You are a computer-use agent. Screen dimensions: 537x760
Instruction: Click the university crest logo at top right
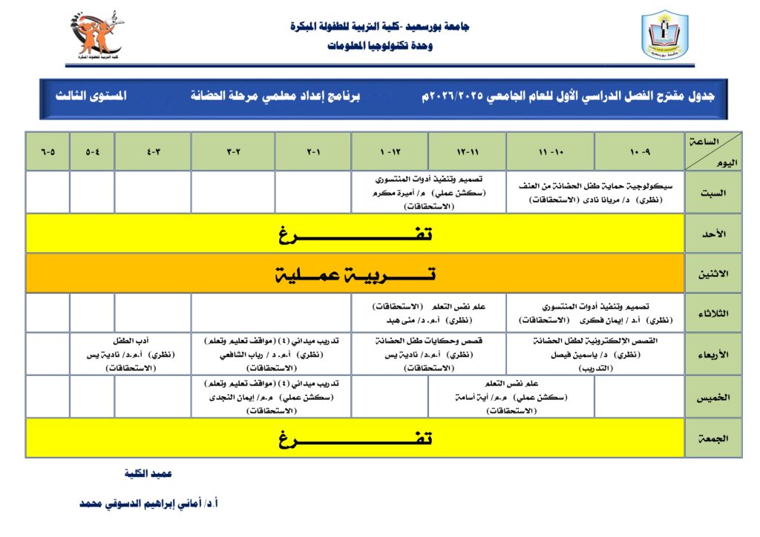tap(664, 35)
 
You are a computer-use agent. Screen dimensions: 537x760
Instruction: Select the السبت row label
tap(712, 192)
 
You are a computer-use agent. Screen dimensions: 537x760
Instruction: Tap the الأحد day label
tap(712, 234)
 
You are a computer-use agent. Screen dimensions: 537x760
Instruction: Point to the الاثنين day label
tap(712, 274)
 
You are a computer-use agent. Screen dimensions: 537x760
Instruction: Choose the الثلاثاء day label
tap(712, 313)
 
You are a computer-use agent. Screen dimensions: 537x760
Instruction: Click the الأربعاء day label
tap(712, 354)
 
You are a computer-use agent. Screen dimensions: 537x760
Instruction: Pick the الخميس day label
tap(712, 397)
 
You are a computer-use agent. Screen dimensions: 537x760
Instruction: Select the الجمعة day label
tap(712, 438)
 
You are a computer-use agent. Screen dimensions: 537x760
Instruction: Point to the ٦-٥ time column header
tap(48, 151)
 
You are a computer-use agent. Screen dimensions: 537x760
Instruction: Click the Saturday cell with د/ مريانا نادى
tap(595, 192)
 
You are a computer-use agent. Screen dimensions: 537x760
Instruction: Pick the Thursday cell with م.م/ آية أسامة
tap(511, 397)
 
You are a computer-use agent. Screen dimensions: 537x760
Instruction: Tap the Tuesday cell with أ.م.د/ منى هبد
tap(428, 313)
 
